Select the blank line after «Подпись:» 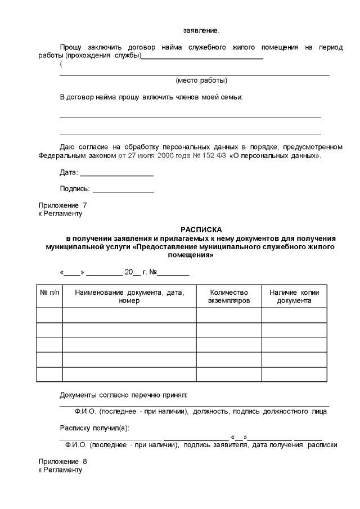(123, 192)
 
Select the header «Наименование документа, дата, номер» (129, 296)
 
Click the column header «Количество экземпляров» (228, 296)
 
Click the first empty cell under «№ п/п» (49, 315)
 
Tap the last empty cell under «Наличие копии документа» (294, 374)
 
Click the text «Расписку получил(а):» (94, 427)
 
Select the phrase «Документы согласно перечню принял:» (123, 395)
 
